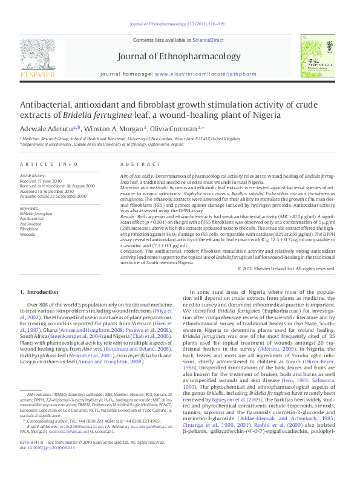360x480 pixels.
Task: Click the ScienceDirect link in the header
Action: coord(208,40)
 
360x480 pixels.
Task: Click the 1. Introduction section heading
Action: coord(39,292)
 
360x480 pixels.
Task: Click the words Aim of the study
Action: coord(139,176)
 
